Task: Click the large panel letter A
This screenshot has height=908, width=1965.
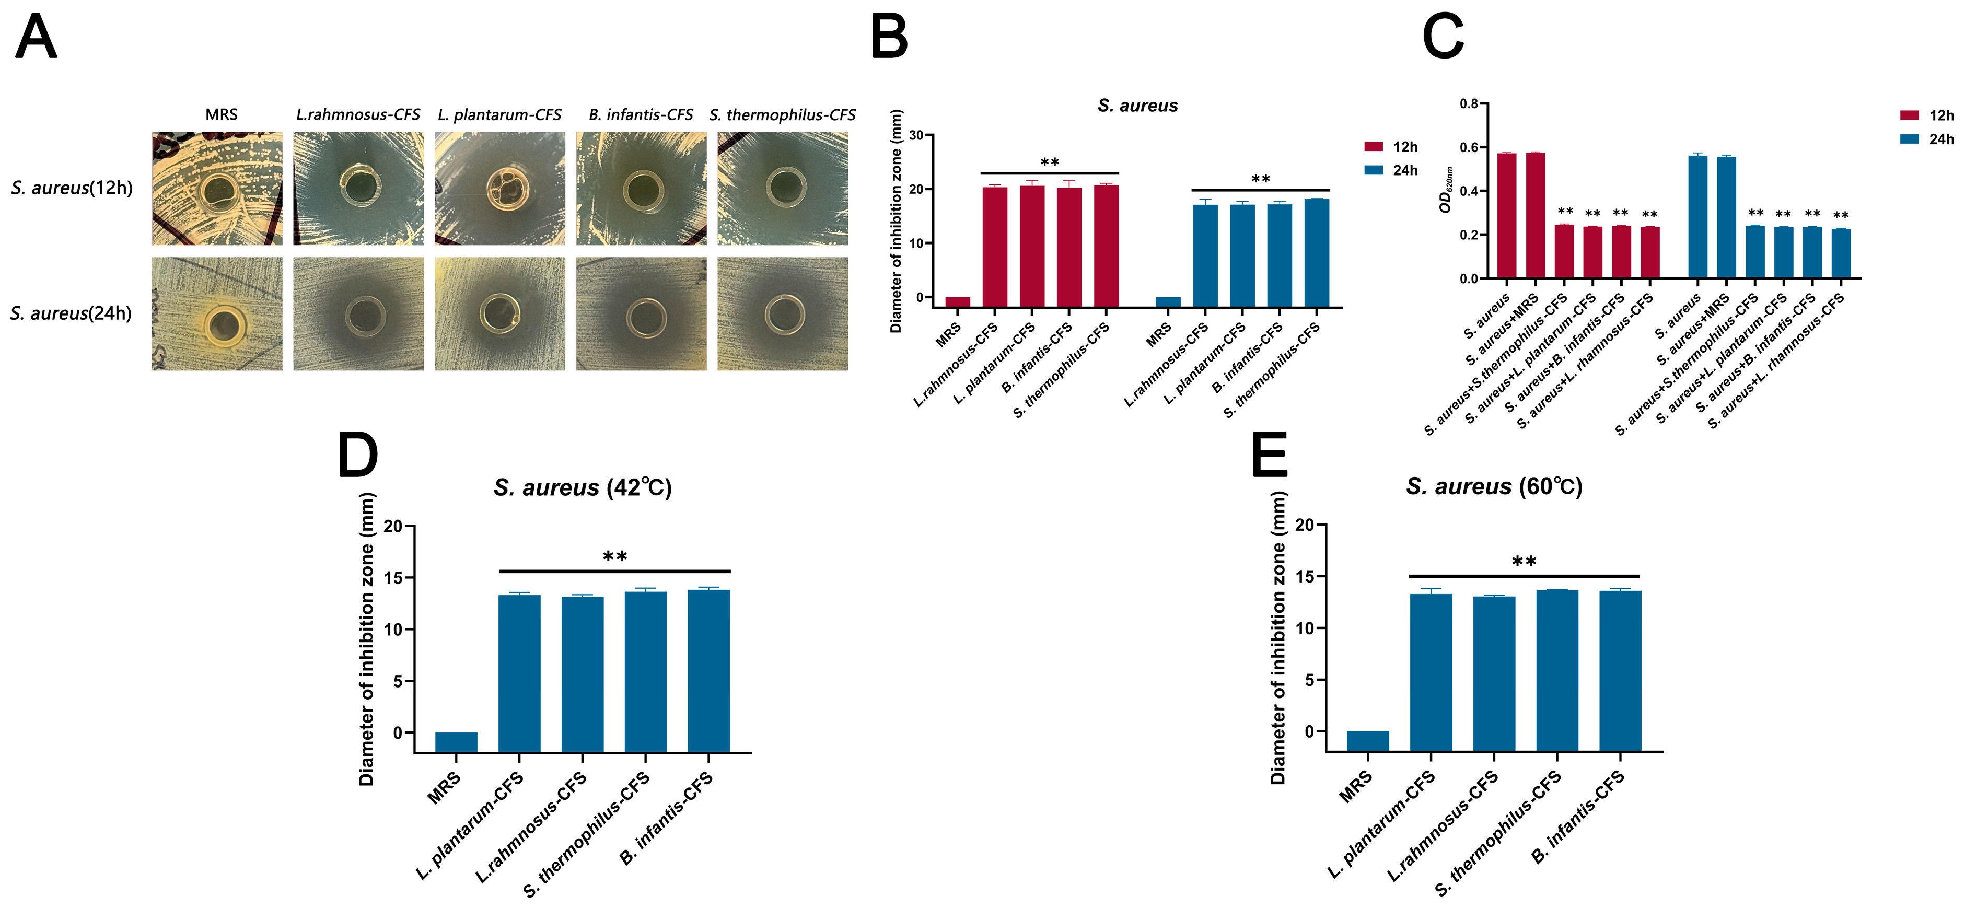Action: pyautogui.click(x=36, y=38)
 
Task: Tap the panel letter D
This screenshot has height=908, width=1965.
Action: pyautogui.click(x=358, y=456)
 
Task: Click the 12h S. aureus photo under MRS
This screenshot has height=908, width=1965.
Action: pyautogui.click(x=217, y=189)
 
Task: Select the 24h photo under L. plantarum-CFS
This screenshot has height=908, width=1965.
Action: pyautogui.click(x=499, y=313)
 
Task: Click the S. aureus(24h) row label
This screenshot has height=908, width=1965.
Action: pyautogui.click(x=71, y=313)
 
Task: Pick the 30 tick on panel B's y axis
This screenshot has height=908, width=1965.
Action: pyautogui.click(x=915, y=136)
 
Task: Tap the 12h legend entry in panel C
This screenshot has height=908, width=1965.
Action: pyautogui.click(x=1927, y=115)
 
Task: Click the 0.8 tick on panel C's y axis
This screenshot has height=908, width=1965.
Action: pyautogui.click(x=1469, y=104)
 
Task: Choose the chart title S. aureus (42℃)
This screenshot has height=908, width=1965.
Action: pyautogui.click(x=583, y=487)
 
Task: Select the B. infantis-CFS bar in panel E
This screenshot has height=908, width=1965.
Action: pyautogui.click(x=1620, y=671)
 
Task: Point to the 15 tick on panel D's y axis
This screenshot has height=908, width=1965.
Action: pyautogui.click(x=393, y=578)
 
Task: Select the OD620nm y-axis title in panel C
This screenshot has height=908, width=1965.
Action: pyautogui.click(x=1444, y=190)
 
